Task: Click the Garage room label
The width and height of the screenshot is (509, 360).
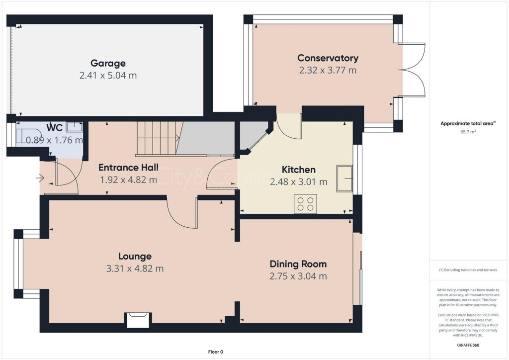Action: (x=108, y=63)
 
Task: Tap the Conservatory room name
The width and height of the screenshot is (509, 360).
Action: (x=328, y=58)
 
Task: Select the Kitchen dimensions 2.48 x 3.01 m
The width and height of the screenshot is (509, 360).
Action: (x=299, y=182)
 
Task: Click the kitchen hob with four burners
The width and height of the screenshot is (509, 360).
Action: (x=306, y=203)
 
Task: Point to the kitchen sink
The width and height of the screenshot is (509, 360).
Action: (x=344, y=179)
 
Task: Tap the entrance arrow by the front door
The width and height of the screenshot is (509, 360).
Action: (x=40, y=178)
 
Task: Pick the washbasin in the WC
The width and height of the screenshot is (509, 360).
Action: (x=75, y=127)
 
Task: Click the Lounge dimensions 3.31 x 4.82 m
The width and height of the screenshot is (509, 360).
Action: (x=135, y=269)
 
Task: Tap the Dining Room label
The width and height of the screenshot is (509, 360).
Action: (x=298, y=264)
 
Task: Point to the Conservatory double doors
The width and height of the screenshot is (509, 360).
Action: (x=412, y=70)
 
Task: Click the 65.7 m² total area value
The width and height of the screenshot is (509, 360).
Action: (x=468, y=132)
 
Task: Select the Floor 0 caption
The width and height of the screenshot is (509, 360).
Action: (x=216, y=352)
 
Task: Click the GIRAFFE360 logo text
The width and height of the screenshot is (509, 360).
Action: (x=468, y=345)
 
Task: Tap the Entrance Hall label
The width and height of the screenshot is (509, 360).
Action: (x=129, y=168)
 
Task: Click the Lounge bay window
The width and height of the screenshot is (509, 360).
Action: (x=18, y=264)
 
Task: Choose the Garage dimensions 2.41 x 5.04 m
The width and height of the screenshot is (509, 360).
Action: (x=108, y=75)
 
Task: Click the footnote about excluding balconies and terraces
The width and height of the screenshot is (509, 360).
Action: (x=468, y=270)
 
